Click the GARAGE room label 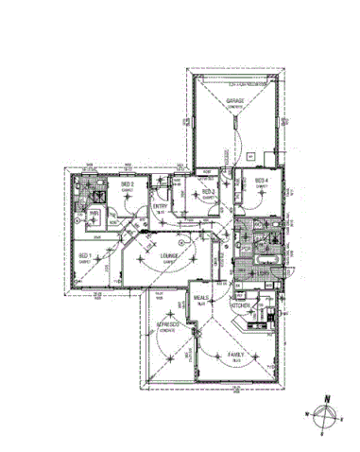click(234, 100)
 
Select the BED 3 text click(209, 192)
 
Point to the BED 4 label click(261, 181)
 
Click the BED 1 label click(84, 256)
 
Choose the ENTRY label click(161, 207)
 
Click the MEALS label click(202, 298)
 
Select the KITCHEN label click(241, 305)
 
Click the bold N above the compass click(324, 399)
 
